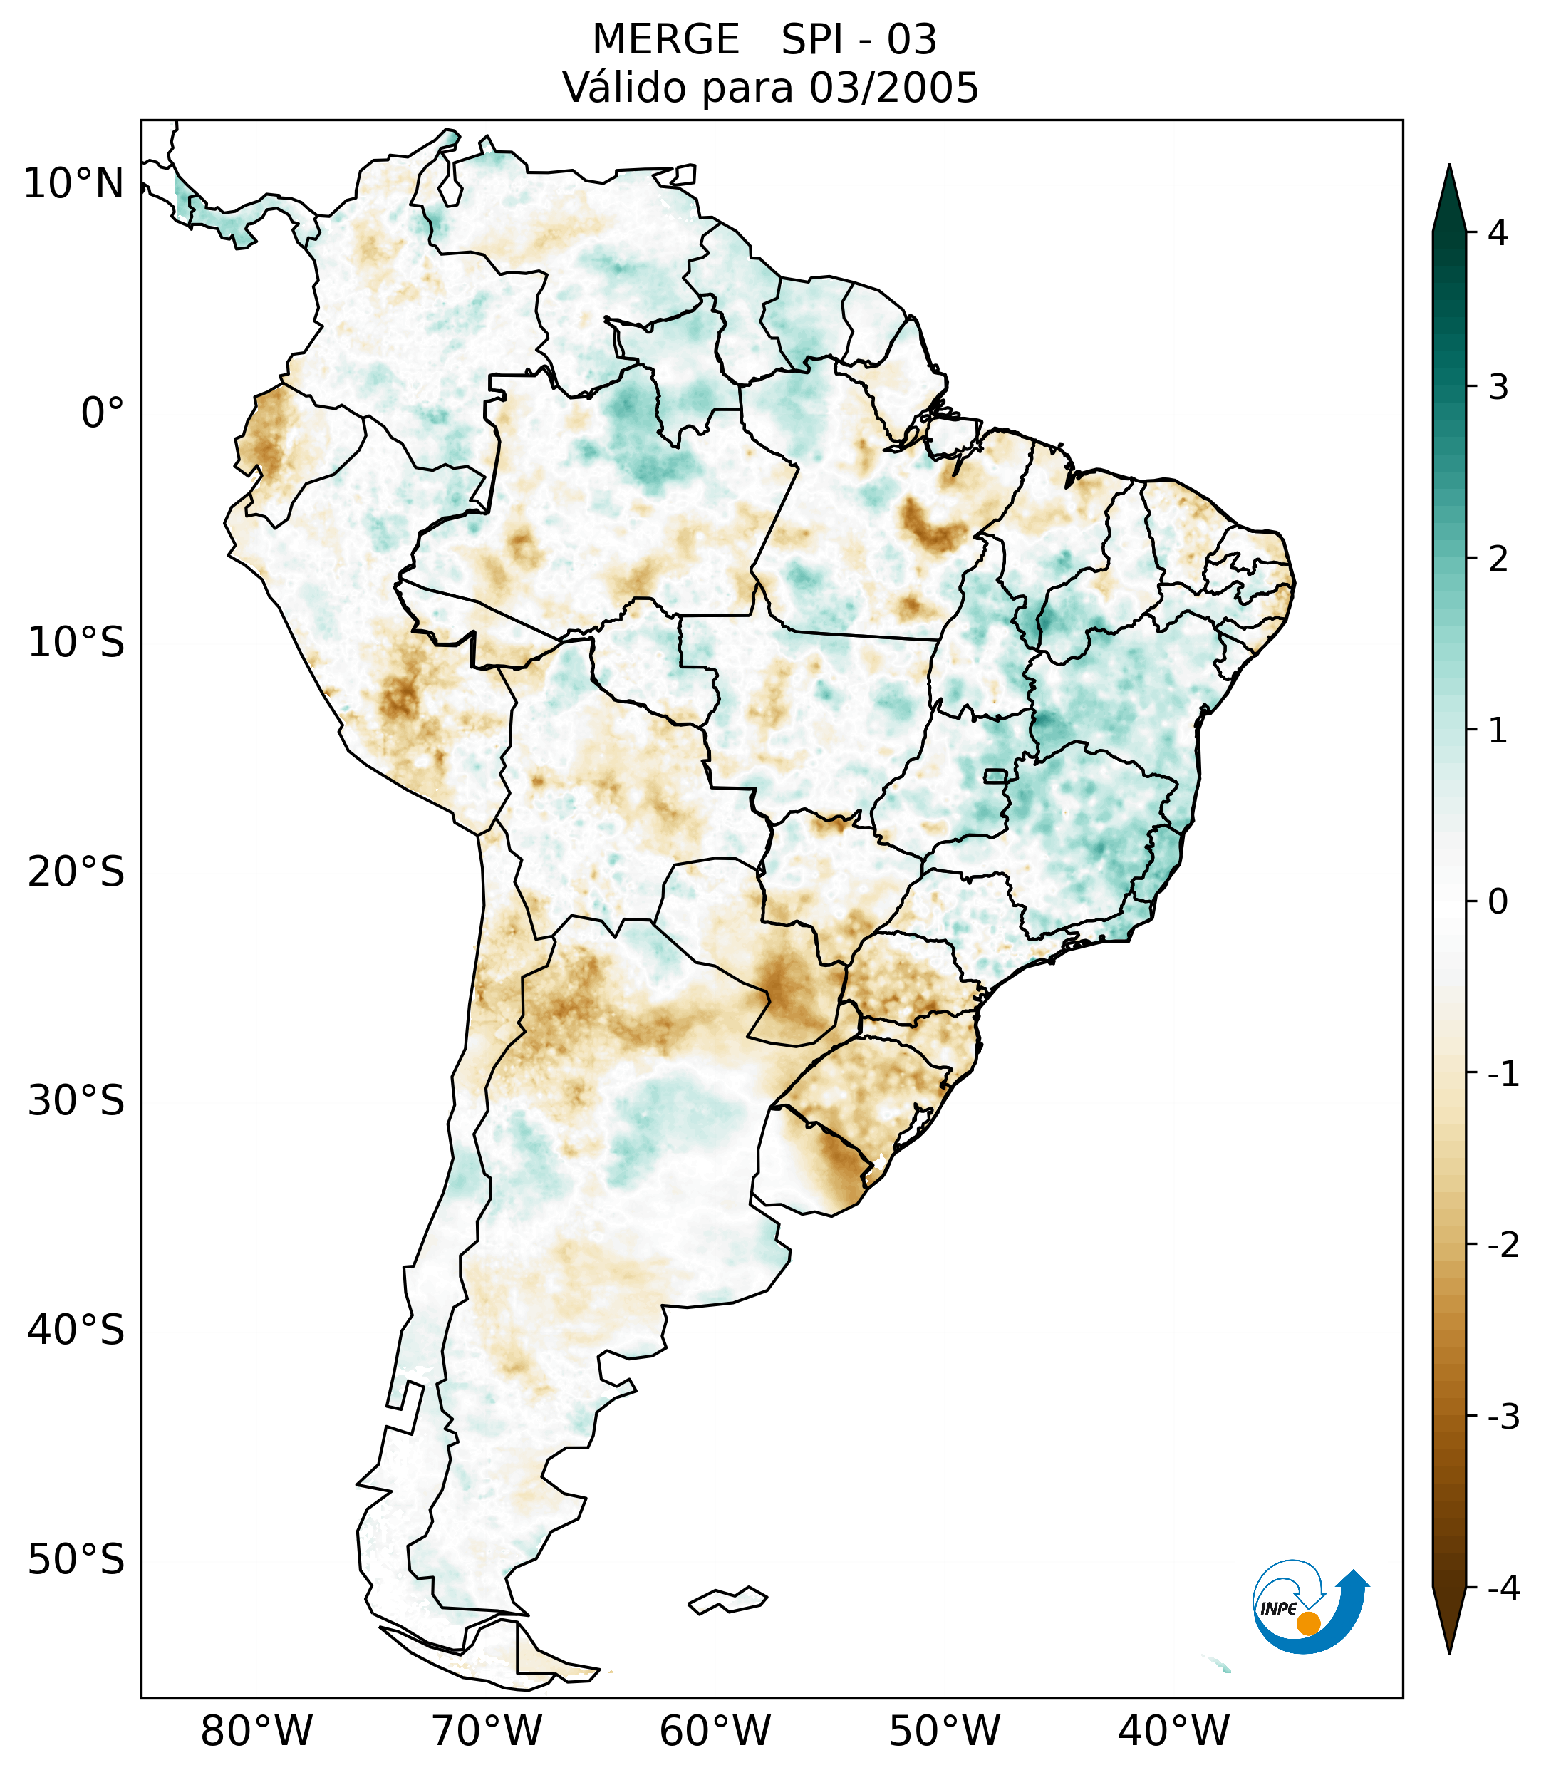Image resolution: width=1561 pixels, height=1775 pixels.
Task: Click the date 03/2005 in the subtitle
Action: [893, 88]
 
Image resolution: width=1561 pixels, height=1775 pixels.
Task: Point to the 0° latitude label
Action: [103, 413]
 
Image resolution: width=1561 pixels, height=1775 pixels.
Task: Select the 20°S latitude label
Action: [76, 872]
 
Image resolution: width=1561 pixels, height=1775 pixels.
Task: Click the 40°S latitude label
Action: [76, 1330]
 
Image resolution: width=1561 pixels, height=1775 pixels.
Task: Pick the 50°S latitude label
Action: [76, 1560]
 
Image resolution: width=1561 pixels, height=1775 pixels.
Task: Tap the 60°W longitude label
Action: [715, 1731]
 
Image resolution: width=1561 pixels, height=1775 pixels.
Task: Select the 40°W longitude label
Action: [1174, 1731]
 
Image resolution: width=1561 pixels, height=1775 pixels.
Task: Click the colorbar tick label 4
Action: [1498, 233]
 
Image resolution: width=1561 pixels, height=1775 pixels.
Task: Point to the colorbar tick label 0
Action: [1498, 902]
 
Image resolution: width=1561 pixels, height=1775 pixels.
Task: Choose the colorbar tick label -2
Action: [1503, 1246]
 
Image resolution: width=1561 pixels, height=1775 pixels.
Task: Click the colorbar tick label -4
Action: [1503, 1588]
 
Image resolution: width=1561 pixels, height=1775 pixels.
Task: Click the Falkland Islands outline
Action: [727, 1600]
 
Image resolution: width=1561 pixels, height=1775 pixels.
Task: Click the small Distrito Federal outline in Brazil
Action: [996, 775]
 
